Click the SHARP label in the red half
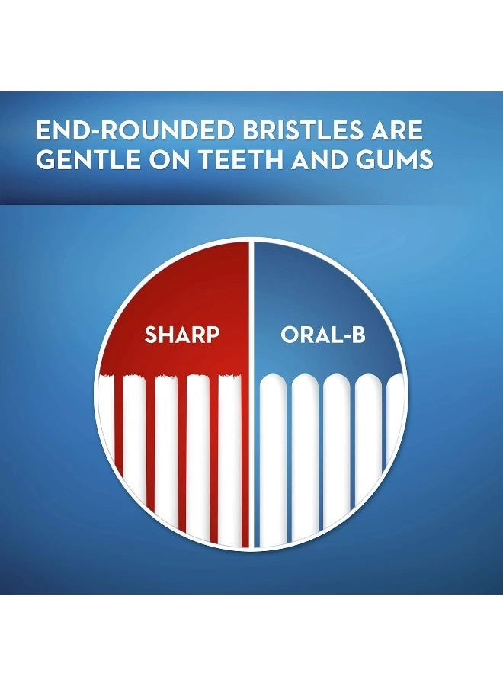182,335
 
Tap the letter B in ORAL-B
357,335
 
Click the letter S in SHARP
151,335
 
